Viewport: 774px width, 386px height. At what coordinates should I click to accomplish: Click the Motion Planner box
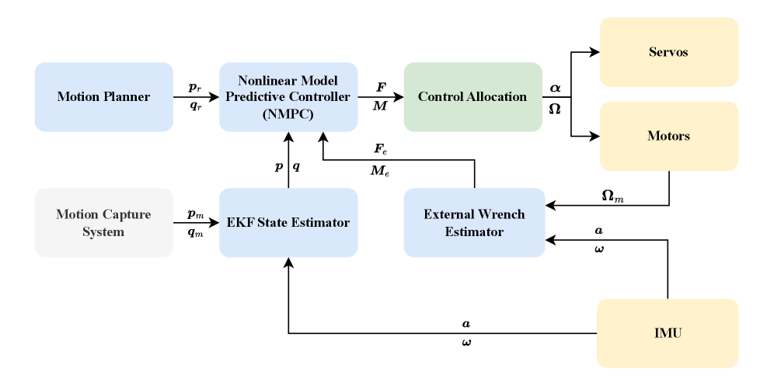point(103,97)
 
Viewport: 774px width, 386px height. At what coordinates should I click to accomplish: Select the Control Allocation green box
point(472,97)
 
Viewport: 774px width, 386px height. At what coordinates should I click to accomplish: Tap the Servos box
point(668,52)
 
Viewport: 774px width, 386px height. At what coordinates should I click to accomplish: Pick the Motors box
point(668,136)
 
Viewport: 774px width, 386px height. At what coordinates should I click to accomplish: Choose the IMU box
point(668,333)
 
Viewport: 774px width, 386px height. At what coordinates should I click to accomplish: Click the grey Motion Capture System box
point(103,222)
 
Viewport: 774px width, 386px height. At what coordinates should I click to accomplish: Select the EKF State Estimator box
point(288,222)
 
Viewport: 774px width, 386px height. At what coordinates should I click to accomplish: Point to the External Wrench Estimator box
point(474,222)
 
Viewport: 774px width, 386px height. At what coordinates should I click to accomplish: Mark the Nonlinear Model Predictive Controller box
point(288,97)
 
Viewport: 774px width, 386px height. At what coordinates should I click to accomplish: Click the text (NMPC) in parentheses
point(288,114)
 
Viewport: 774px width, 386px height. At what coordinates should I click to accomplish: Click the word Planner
point(125,97)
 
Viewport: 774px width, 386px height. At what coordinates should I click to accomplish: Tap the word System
point(103,231)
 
